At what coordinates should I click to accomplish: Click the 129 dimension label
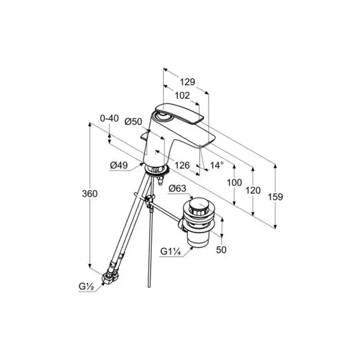pyautogui.click(x=187, y=82)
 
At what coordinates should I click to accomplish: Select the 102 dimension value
pyautogui.click(x=182, y=95)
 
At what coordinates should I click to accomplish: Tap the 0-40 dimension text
pyautogui.click(x=109, y=118)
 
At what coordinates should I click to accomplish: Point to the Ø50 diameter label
pyautogui.click(x=133, y=122)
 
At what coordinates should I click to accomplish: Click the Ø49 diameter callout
pyautogui.click(x=119, y=166)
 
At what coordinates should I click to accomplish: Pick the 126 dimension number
pyautogui.click(x=182, y=166)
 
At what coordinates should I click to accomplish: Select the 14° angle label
pyautogui.click(x=217, y=165)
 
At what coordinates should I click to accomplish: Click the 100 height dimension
pyautogui.click(x=235, y=183)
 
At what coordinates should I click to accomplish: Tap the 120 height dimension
pyautogui.click(x=253, y=190)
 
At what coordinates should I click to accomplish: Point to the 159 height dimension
pyautogui.click(x=275, y=197)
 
